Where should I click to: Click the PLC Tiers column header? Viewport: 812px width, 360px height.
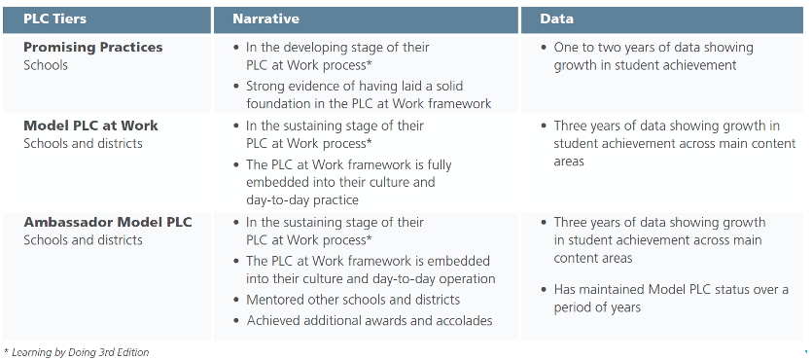click(54, 19)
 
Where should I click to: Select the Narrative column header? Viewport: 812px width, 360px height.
click(265, 19)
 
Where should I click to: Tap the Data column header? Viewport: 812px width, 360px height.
click(556, 19)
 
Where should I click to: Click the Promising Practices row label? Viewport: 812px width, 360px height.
click(93, 47)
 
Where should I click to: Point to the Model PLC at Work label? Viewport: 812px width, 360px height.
click(90, 126)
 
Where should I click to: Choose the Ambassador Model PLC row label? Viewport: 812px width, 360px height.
click(108, 222)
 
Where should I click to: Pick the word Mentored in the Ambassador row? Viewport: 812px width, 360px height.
click(271, 300)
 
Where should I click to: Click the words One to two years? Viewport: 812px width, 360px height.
click(596, 48)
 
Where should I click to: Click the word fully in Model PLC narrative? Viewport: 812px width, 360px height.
click(440, 165)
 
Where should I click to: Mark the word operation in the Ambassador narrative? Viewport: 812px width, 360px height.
click(467, 279)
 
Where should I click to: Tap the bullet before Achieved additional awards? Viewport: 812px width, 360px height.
click(236, 321)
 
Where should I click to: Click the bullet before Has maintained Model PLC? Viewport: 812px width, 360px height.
click(544, 290)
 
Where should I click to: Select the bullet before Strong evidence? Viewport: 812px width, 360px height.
click(236, 86)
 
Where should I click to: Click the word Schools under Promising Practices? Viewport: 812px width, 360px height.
click(46, 65)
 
